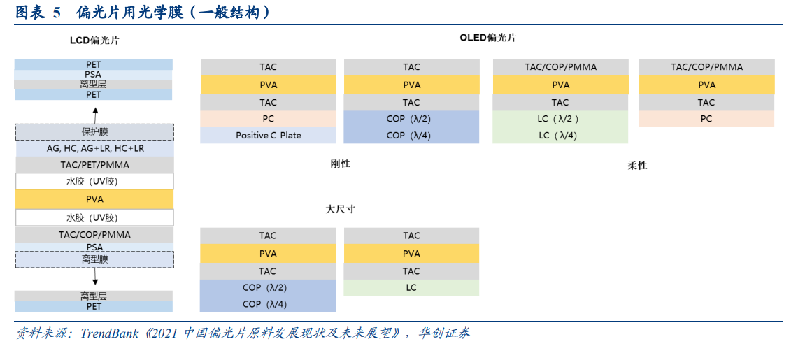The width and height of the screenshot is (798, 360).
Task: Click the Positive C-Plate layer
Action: (x=268, y=135)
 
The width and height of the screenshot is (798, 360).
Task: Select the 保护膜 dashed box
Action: (x=94, y=131)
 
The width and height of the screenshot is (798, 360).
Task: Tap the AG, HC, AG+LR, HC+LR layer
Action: (x=94, y=148)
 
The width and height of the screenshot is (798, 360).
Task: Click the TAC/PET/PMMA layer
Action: (x=94, y=165)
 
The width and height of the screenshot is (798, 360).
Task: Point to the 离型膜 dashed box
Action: (x=94, y=259)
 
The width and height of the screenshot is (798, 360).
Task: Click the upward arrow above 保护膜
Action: (x=95, y=115)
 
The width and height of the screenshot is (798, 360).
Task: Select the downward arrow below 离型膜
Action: (x=95, y=277)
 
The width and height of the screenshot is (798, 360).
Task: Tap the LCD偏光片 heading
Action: (x=94, y=40)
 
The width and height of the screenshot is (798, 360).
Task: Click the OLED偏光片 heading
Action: (x=487, y=38)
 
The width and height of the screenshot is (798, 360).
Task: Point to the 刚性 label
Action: (x=340, y=164)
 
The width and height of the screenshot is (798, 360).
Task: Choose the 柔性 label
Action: (x=636, y=165)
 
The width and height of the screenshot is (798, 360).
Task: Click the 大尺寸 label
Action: (x=340, y=209)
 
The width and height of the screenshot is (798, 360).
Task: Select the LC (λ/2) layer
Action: (x=560, y=119)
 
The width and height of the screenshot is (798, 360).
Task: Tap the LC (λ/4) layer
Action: (x=560, y=135)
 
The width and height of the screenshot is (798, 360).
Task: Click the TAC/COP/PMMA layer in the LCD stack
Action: (x=94, y=235)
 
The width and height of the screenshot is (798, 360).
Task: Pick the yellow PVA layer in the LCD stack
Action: (x=94, y=199)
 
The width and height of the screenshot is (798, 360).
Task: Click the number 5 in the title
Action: (x=57, y=13)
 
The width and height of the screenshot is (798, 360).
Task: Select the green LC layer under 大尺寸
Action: (x=411, y=287)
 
